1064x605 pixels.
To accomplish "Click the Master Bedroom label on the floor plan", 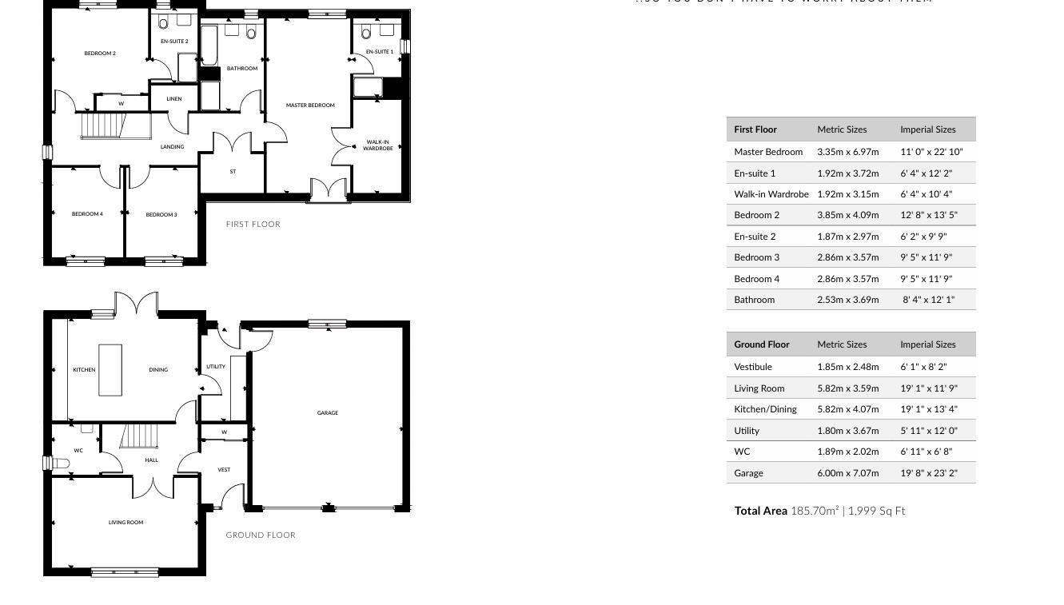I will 310,105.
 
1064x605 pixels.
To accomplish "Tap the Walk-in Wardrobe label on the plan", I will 378,145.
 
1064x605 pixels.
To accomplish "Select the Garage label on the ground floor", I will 328,413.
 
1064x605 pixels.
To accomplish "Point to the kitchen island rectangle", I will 110,369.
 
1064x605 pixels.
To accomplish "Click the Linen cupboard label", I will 174,99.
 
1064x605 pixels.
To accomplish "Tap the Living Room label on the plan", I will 126,523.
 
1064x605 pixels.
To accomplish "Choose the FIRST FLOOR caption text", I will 253,225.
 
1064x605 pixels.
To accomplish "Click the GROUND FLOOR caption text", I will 261,535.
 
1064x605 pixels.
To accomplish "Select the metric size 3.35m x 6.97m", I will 847,152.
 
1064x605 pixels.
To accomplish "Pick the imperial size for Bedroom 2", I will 928,215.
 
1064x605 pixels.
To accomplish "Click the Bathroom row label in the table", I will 754,300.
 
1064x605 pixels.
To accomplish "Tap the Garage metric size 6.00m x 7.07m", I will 847,473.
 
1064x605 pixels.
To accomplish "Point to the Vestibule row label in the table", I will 753,367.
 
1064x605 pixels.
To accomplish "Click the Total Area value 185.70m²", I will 815,511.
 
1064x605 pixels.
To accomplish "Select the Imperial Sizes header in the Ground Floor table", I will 927,344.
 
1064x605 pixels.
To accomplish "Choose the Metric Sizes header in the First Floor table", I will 842,129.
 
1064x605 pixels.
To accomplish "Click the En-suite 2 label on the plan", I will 174,42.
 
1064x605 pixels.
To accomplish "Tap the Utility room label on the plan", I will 216,367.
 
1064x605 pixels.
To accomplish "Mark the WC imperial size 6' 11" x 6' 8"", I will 926,452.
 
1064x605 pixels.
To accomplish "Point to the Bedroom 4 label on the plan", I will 87,214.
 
